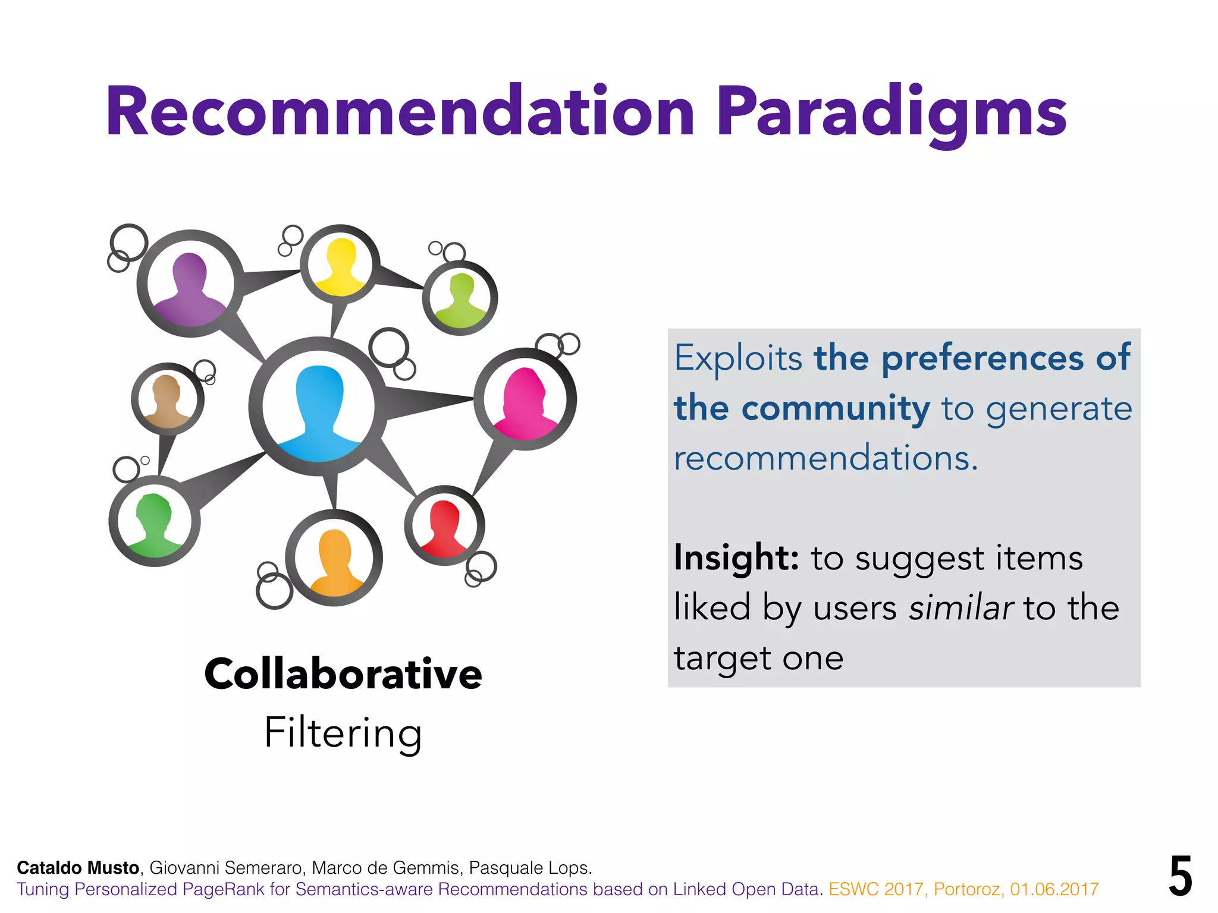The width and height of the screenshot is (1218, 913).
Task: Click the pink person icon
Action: (525, 402)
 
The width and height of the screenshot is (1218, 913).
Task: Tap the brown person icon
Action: (167, 399)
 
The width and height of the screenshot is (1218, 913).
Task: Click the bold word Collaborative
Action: (343, 675)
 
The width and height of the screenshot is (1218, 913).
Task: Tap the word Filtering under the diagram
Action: (343, 732)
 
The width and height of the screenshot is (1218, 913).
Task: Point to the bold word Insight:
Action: (736, 559)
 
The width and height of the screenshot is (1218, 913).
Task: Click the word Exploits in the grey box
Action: (738, 358)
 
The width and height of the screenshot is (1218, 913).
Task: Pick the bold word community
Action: (835, 409)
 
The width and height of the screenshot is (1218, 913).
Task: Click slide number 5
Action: (1180, 876)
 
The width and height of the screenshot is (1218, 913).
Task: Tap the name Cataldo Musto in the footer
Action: (78, 868)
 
